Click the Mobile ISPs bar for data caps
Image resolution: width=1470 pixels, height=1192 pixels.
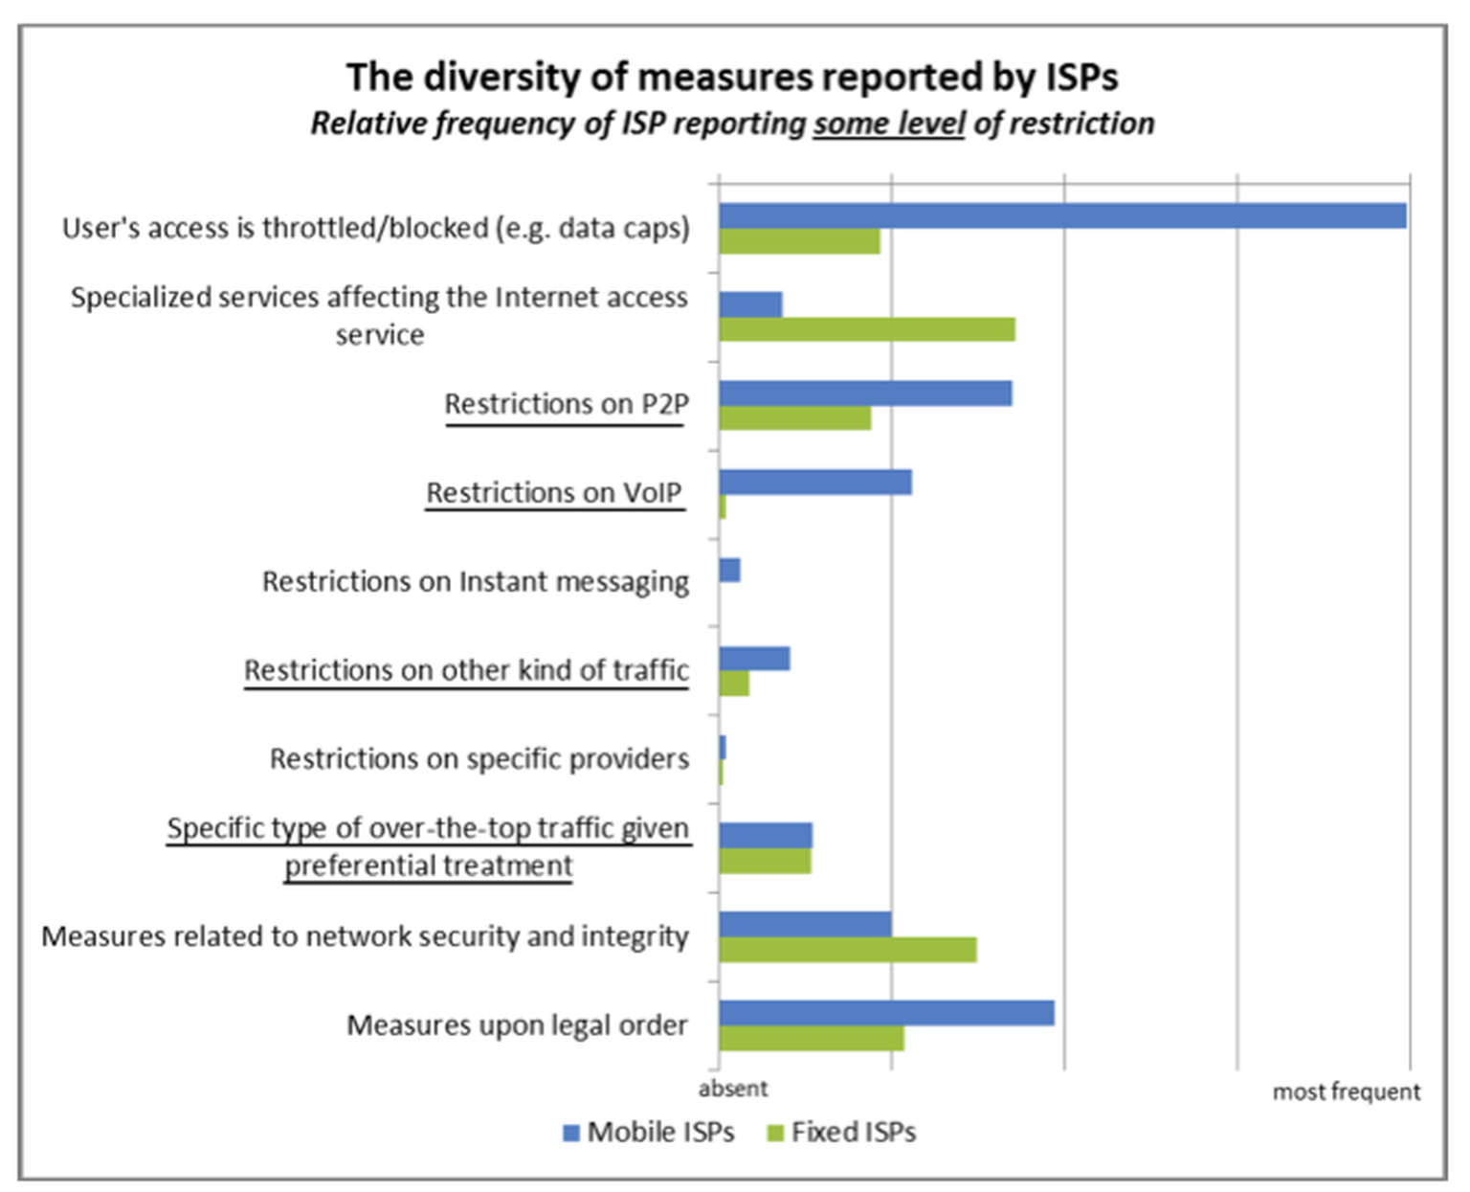click(1062, 215)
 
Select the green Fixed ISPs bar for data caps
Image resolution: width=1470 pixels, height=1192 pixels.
click(799, 241)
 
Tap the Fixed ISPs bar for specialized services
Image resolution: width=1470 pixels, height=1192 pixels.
click(867, 329)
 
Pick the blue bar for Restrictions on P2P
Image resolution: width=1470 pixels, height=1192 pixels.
click(865, 393)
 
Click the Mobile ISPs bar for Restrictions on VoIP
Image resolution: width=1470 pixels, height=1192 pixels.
click(815, 482)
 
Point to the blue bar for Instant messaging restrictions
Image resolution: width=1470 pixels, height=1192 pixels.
click(729, 570)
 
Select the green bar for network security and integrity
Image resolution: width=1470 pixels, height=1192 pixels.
click(848, 950)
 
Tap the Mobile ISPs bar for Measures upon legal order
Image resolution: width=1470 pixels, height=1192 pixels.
click(887, 1013)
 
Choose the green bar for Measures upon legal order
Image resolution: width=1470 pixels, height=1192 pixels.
click(812, 1038)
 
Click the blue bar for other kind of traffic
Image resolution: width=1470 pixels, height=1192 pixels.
click(754, 659)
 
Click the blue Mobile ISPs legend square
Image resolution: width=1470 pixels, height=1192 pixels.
click(570, 1133)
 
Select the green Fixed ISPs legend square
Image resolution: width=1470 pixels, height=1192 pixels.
click(776, 1133)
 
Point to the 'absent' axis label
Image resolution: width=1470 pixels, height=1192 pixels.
click(733, 1089)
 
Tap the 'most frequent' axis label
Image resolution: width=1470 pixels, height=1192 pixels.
click(1347, 1091)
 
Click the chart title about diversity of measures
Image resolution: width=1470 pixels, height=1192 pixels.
click(732, 76)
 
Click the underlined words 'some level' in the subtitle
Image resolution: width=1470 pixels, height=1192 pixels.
click(889, 124)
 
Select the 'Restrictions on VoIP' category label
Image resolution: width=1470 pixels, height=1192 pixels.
click(555, 493)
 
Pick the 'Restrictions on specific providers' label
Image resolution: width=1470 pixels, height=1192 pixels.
click(479, 758)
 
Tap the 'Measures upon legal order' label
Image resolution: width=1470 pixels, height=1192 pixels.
click(518, 1025)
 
